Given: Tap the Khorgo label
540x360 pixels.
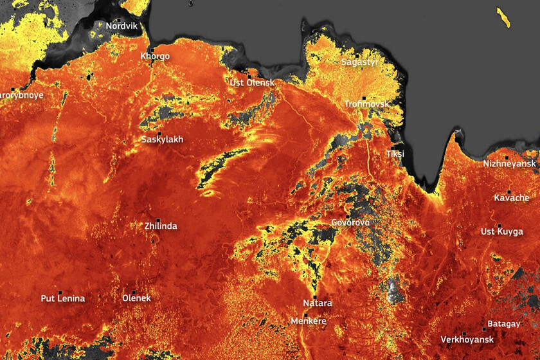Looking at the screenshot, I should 155,56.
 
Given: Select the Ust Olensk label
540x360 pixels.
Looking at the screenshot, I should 252,83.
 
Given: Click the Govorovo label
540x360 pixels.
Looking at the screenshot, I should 350,222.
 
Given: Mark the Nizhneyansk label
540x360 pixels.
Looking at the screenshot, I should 509,164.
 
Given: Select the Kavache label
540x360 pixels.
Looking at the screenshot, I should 512,198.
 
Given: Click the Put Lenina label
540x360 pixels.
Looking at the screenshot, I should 63,299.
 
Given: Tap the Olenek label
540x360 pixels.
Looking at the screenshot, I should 136,299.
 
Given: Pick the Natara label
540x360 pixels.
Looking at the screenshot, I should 318,302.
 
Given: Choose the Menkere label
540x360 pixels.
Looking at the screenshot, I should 309,321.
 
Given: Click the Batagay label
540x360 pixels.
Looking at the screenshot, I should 503,324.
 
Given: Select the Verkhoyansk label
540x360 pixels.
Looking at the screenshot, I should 467,339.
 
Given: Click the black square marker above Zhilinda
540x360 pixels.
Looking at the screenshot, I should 158,220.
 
